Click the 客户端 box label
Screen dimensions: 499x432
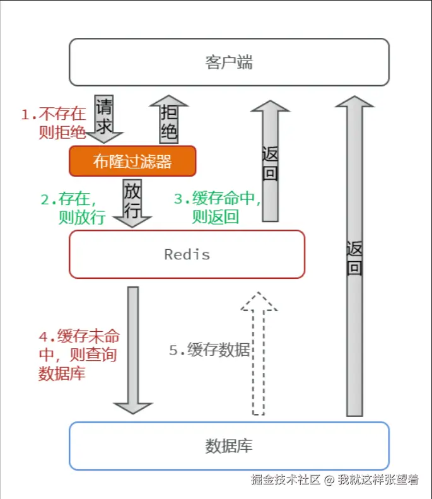(229, 62)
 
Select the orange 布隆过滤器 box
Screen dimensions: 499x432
(132, 161)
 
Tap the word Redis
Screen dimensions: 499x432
(187, 254)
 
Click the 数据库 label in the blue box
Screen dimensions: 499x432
(229, 446)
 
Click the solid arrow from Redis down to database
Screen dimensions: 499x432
(132, 350)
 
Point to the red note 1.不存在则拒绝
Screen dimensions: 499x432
(54, 123)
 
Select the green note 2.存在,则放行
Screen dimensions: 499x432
(69, 209)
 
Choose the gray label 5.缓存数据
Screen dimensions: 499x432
(209, 351)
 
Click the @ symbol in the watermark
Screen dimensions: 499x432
(329, 480)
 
